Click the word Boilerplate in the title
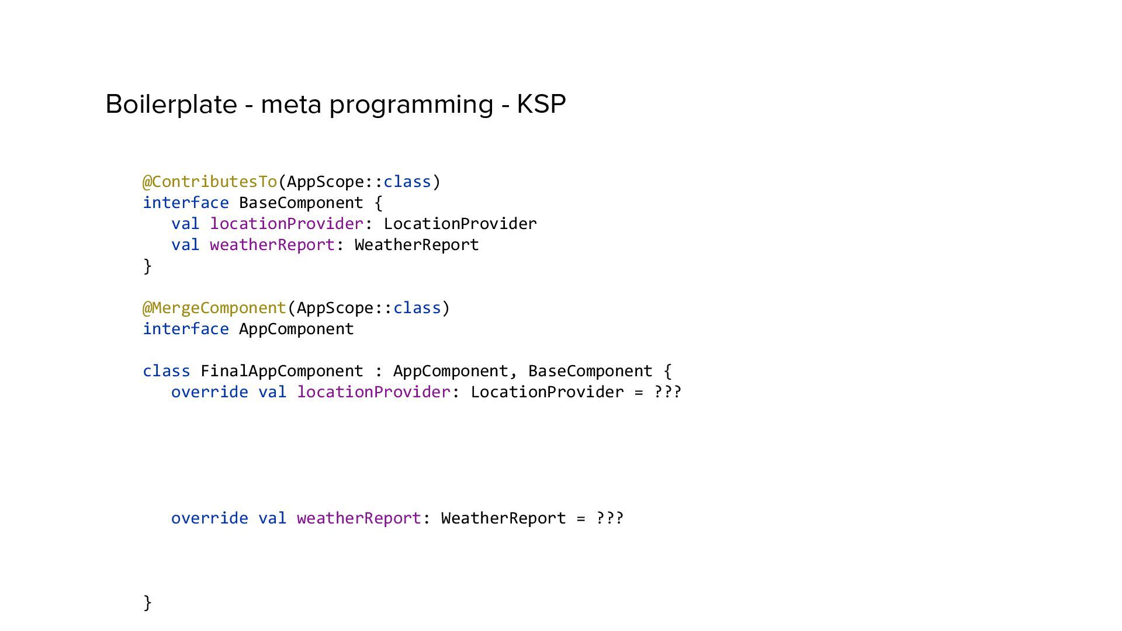[x=171, y=105]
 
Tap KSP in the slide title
[x=541, y=105]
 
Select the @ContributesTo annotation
[x=210, y=182]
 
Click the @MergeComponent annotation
[x=214, y=308]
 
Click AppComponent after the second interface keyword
[x=296, y=329]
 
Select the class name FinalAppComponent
[x=282, y=371]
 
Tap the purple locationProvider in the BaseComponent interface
[x=287, y=224]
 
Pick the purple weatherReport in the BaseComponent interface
[x=272, y=245]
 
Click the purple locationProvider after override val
[x=374, y=392]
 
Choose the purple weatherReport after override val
[x=359, y=518]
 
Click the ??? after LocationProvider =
[x=667, y=392]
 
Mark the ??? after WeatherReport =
[x=610, y=518]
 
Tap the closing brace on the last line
[x=147, y=602]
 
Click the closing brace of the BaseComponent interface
[x=147, y=266]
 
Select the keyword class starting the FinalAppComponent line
[x=167, y=371]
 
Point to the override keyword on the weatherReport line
[x=209, y=518]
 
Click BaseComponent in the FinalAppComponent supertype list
[x=590, y=371]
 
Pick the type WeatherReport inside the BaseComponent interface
[x=417, y=245]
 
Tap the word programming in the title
[x=411, y=105]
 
